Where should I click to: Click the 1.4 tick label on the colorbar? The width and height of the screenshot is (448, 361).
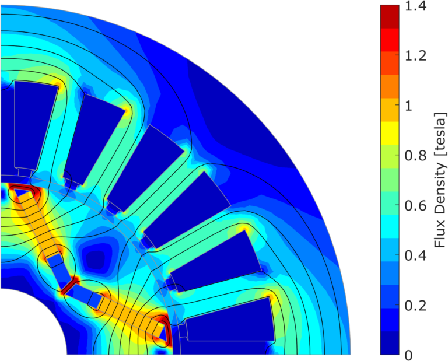[x=416, y=6]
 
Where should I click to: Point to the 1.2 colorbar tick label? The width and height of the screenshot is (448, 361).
[x=416, y=55]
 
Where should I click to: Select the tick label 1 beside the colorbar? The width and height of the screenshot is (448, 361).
[x=408, y=106]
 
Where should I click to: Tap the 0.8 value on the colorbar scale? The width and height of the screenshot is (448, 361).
[x=416, y=156]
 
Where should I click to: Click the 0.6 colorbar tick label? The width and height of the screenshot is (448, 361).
[x=416, y=206]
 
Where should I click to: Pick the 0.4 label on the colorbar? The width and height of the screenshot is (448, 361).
[x=416, y=255]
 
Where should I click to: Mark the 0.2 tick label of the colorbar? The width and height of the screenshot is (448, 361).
[x=416, y=306]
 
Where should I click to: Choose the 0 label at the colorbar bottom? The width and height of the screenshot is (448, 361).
[x=409, y=355]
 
